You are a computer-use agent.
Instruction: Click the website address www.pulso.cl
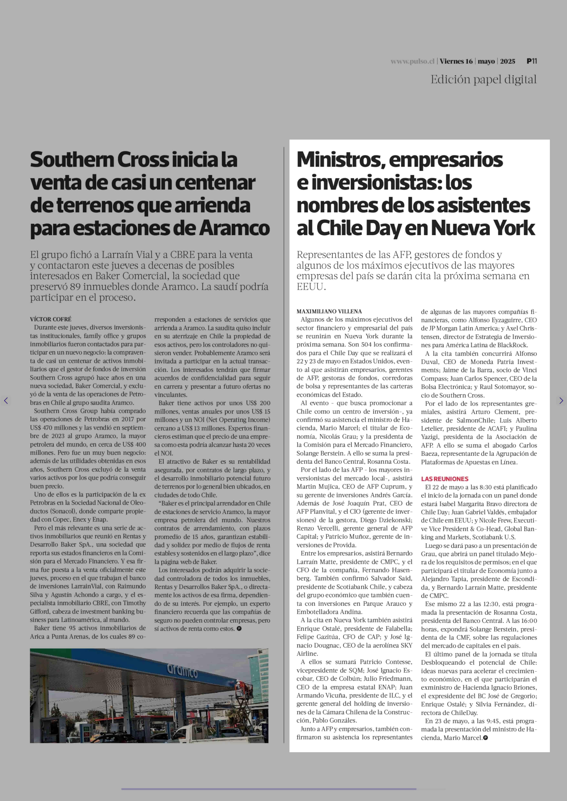[412, 61]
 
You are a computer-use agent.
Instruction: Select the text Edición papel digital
[483, 80]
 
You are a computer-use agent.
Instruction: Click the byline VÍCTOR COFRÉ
[51, 319]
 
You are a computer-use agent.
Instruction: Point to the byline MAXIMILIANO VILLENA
[329, 311]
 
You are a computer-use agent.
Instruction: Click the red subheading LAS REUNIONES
[444, 479]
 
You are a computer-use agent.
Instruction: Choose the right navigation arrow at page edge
[561, 401]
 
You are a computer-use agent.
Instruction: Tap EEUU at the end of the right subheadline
[310, 287]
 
